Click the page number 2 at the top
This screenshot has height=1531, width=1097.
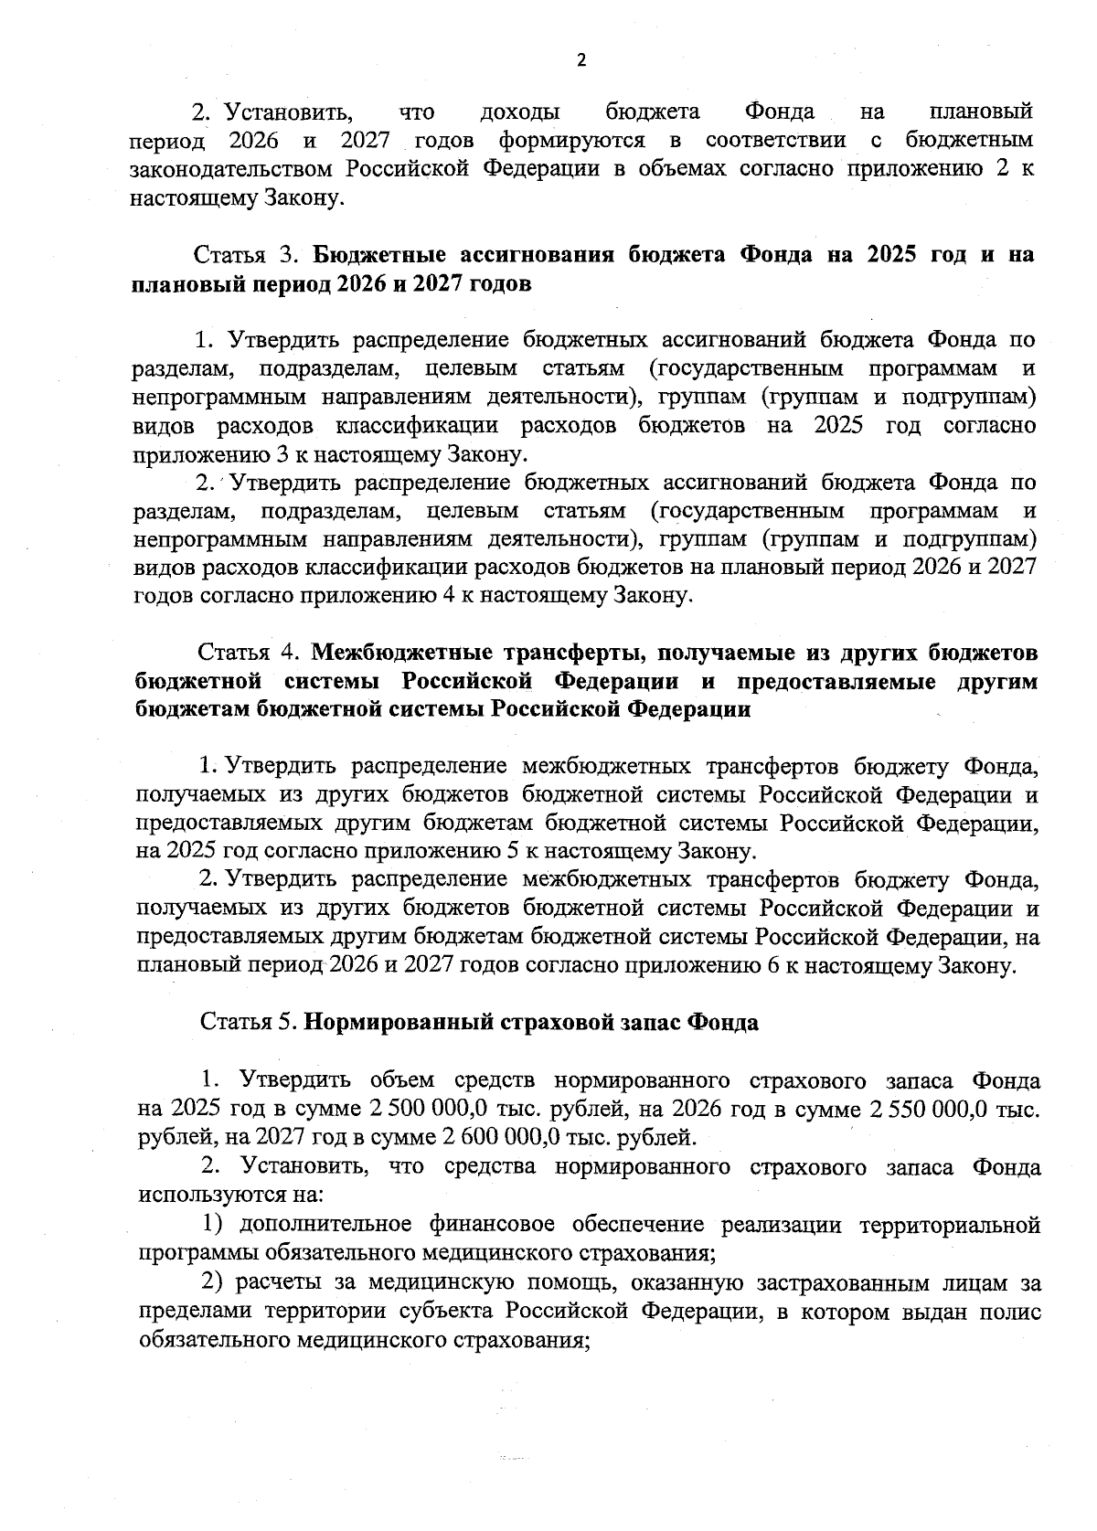pyautogui.click(x=581, y=60)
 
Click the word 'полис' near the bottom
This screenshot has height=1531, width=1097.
pyautogui.click(x=1010, y=1312)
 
